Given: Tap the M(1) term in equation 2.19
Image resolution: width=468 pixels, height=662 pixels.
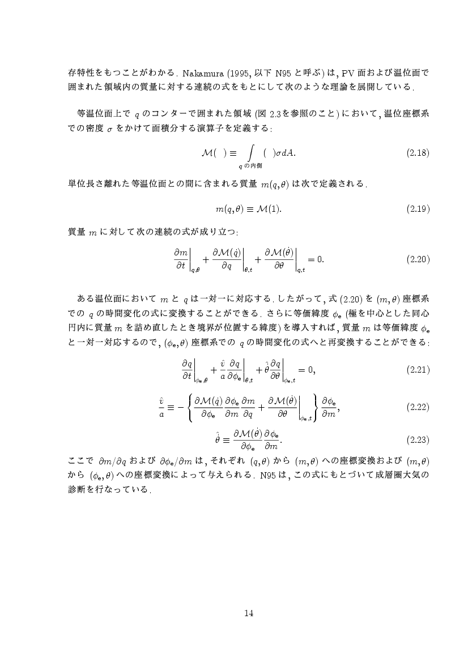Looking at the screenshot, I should [x=268, y=209].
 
